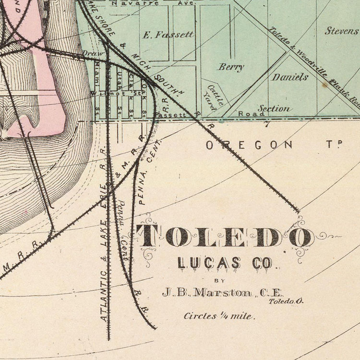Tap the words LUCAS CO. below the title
[x=225, y=263]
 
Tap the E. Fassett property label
[x=168, y=35]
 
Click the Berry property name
[x=231, y=67]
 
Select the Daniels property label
[x=290, y=77]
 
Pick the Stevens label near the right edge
[x=342, y=31]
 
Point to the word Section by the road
[x=274, y=109]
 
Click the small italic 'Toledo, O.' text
[x=286, y=301]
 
